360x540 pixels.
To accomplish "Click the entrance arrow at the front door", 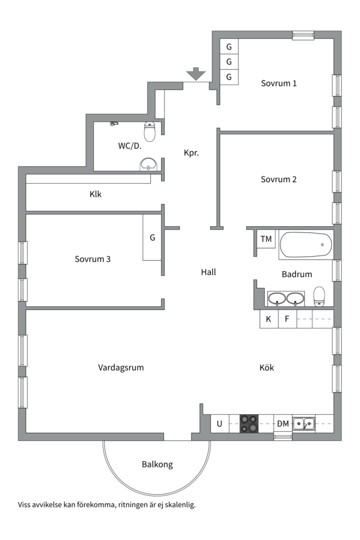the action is tap(196, 73).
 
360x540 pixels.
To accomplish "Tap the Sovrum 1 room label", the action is tap(278, 83).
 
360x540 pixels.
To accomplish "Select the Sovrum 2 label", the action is tap(278, 179).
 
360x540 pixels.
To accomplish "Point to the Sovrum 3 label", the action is tap(92, 259).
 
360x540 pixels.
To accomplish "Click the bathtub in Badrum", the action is tap(306, 245).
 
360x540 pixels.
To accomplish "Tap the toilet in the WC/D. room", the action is tap(149, 131).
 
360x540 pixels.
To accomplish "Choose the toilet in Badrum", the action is tap(319, 296).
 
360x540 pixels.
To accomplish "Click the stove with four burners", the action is tap(248, 423).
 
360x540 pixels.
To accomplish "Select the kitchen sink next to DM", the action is tap(304, 423).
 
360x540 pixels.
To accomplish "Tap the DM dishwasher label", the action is tap(283, 423).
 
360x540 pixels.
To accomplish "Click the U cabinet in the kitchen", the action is tap(220, 423).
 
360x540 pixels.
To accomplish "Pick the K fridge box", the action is tap(268, 319).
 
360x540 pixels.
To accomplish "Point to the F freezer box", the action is tap(287, 319).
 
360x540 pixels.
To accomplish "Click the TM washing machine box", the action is tap(266, 239).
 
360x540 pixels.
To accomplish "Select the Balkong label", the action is tap(157, 464).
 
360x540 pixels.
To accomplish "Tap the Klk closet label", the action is tap(95, 194).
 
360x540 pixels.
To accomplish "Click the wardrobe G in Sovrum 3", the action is tap(152, 237).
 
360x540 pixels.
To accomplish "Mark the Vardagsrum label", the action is tap(121, 367).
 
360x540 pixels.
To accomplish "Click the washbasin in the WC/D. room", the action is tap(149, 164).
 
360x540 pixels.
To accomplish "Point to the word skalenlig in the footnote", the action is tap(180, 505).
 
